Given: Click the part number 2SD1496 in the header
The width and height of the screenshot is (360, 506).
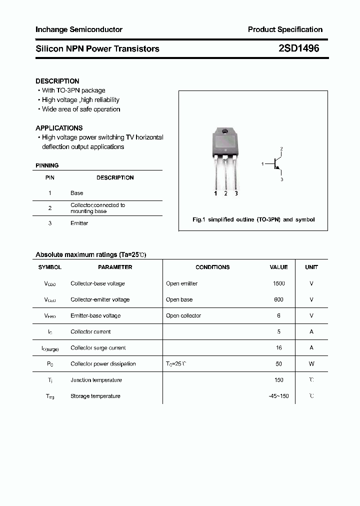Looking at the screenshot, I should click(298, 48).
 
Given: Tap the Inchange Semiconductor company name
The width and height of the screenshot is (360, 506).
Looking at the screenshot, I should click(79, 29).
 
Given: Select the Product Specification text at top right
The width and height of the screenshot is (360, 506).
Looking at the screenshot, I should click(285, 29).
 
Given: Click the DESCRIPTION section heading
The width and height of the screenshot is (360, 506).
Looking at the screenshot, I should click(57, 81).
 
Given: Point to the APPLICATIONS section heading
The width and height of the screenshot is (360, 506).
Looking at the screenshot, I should click(59, 128).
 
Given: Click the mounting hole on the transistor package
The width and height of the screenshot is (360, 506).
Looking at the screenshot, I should click(225, 132).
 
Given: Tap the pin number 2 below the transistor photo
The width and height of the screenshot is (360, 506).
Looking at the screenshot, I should click(226, 193).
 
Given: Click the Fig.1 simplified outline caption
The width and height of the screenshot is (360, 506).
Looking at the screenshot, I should click(253, 219).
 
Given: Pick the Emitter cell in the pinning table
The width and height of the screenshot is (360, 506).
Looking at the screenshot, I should click(79, 223).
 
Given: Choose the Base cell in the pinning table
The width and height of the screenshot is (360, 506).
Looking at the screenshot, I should click(77, 193).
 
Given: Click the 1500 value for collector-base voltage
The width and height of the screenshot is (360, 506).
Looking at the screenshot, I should click(278, 283).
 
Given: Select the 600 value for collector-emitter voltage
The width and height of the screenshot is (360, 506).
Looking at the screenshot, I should click(278, 299).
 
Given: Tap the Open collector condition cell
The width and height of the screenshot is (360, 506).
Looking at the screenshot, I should click(183, 315).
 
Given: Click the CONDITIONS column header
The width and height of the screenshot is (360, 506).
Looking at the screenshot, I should click(212, 267).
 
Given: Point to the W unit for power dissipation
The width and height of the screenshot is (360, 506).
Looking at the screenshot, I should click(311, 364).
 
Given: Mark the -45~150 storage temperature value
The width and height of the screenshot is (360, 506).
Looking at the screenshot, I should click(278, 396).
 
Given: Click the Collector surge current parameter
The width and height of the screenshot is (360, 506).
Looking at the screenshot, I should click(98, 348).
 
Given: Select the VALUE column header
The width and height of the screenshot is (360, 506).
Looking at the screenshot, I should click(278, 267).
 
